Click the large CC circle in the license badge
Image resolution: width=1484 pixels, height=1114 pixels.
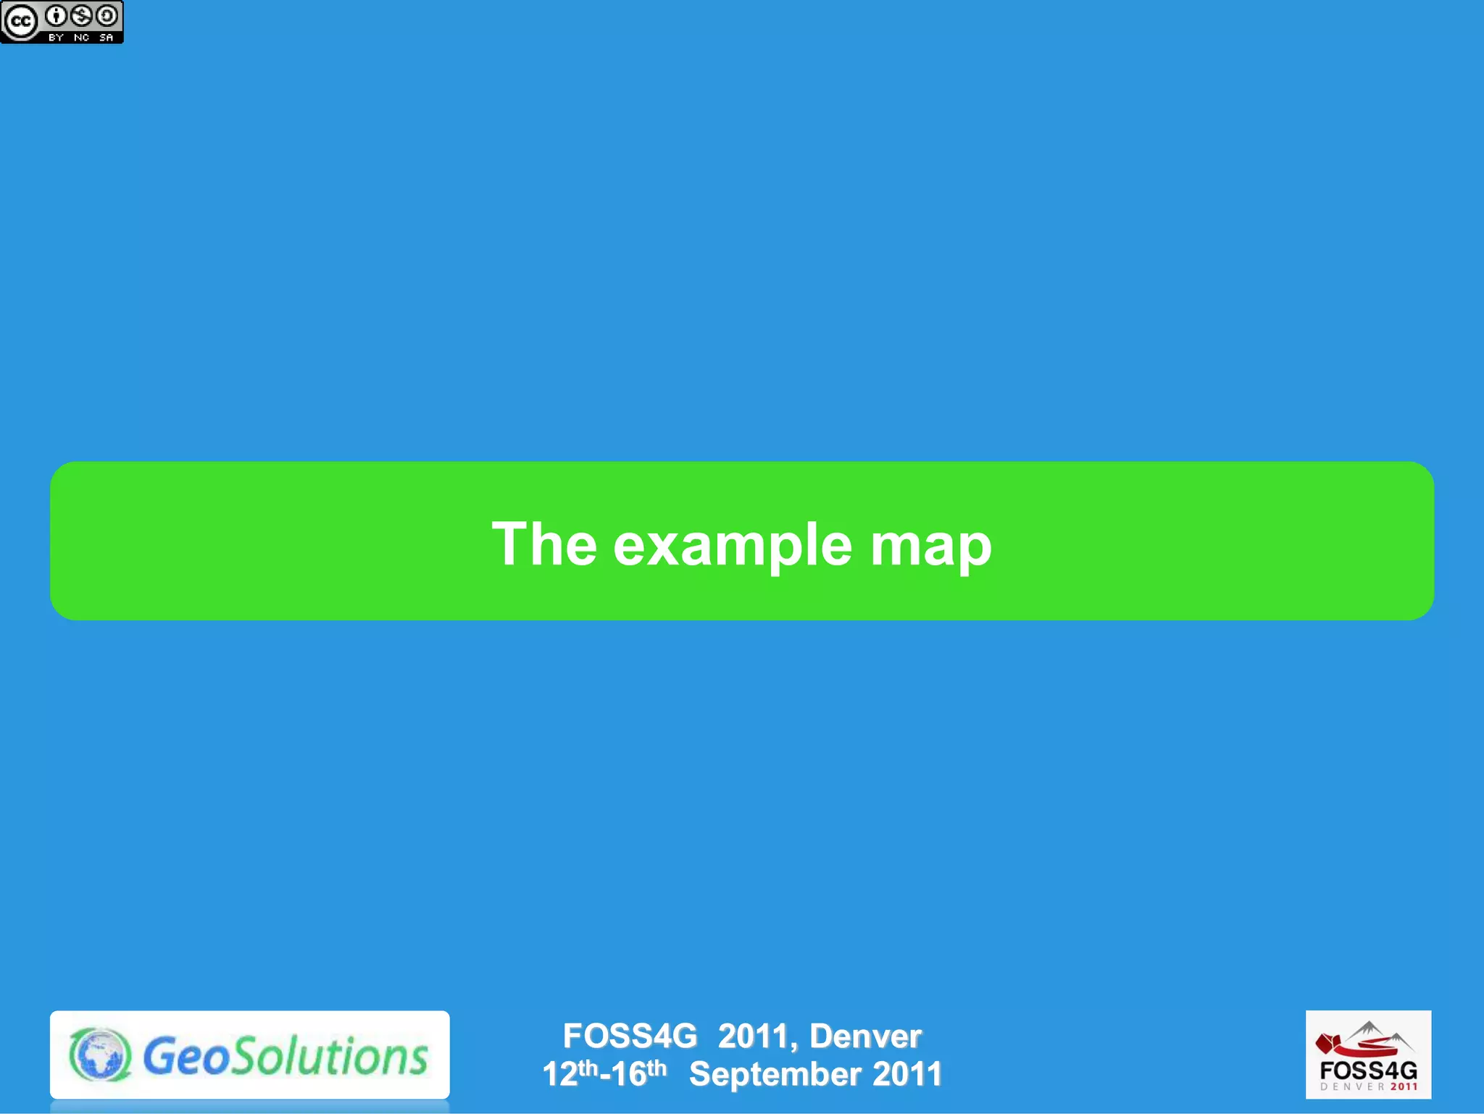(x=20, y=22)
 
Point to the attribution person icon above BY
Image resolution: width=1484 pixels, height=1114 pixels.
(x=57, y=15)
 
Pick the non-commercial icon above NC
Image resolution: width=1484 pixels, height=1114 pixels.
(x=82, y=15)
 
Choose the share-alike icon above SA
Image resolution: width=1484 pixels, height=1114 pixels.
(x=107, y=15)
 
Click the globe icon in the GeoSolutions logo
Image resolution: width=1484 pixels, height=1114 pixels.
(x=101, y=1055)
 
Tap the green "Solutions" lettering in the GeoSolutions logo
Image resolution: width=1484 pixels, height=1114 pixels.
(x=332, y=1056)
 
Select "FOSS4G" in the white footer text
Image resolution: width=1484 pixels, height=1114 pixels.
(x=630, y=1036)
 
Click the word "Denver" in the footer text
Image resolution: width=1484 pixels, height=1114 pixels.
(x=865, y=1036)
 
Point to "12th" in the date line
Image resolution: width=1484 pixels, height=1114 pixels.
(x=570, y=1073)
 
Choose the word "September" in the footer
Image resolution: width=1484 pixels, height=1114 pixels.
(x=775, y=1074)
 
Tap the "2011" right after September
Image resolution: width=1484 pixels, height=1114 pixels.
(x=906, y=1074)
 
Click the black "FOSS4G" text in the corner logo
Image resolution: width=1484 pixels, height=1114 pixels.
(x=1368, y=1071)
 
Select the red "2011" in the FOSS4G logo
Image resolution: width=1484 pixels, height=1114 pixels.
(x=1404, y=1086)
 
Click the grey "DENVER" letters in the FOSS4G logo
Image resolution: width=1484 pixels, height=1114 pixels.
(x=1352, y=1086)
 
